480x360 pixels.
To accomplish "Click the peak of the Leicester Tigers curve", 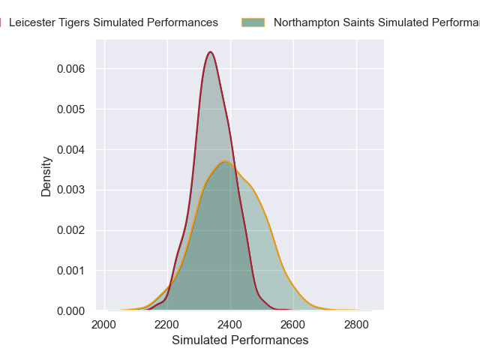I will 211,52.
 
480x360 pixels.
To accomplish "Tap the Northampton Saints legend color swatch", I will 253,22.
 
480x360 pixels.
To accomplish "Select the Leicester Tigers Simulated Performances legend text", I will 113,22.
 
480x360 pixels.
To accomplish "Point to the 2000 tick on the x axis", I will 104,325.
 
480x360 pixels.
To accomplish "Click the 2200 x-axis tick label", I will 167,325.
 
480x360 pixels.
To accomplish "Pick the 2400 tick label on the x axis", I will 230,325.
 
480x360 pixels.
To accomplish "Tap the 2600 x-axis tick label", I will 293,325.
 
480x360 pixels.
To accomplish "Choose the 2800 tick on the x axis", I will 356,325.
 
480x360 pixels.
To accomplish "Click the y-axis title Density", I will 46,176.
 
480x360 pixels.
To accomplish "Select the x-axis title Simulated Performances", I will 240,340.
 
